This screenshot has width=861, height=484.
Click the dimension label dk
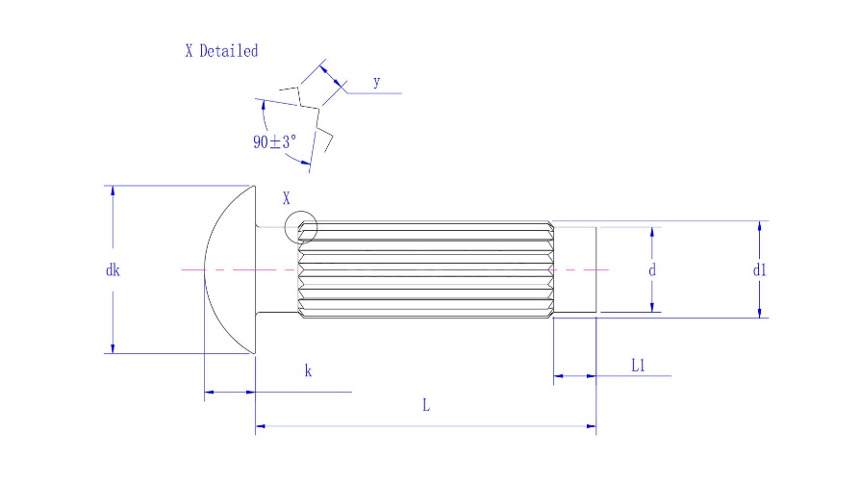coord(113,270)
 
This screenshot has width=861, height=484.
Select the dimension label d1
coord(760,270)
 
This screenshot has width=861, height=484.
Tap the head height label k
coord(308,370)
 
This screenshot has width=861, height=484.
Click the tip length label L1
coord(638,365)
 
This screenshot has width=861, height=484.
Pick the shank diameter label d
coord(652,270)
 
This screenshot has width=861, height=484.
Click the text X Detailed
coord(221,51)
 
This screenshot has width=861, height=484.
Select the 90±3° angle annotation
coord(275,141)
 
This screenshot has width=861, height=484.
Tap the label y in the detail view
coord(376,82)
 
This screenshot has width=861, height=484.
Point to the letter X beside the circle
coord(287,199)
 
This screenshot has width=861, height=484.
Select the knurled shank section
coord(423,270)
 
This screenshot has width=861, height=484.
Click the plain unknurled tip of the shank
coord(575,270)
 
